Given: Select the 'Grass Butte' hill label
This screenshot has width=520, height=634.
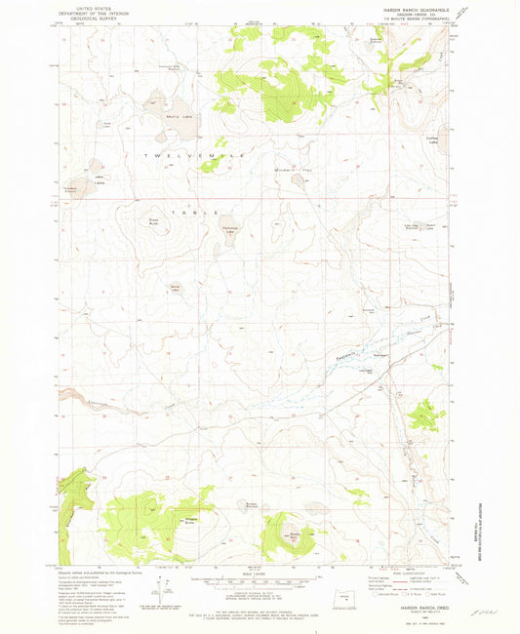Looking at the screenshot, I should tap(153, 220).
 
